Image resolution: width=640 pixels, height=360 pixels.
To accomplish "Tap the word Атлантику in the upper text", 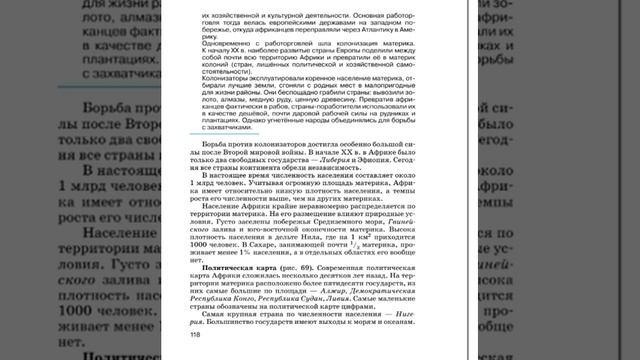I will click(x=414, y=30).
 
